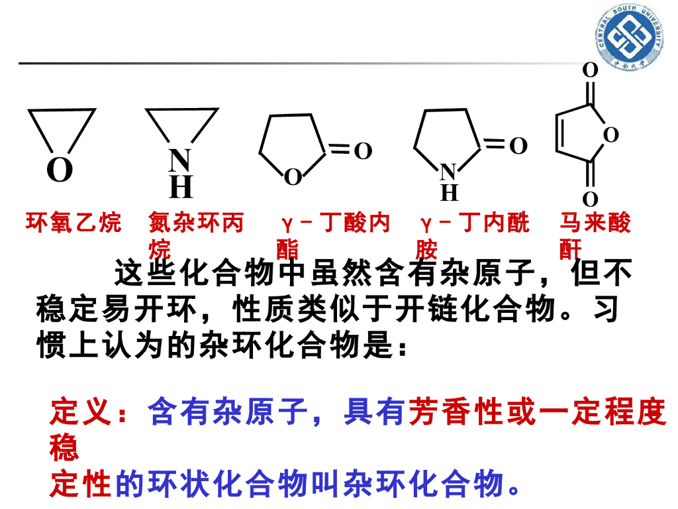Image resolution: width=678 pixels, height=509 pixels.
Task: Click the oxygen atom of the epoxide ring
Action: coord(60,171)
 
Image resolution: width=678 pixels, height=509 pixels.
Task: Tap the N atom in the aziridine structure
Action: coord(179,161)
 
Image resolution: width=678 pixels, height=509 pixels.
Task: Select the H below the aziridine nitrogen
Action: coord(180,188)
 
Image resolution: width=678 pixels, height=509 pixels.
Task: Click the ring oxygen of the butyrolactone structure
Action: coord(292,177)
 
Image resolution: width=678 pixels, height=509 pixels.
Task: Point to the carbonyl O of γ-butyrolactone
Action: coord(362,152)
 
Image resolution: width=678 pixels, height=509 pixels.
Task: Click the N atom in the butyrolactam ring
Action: coord(448,173)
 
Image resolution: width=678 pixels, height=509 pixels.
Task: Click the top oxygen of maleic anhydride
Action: coord(589,70)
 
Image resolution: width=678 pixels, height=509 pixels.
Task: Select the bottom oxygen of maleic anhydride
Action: coord(589,199)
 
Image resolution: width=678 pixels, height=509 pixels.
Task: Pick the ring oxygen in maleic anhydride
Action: coord(610,135)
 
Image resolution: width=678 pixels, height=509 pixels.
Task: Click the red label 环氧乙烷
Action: coord(73,223)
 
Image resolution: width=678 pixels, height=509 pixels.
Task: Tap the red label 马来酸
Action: coord(595,223)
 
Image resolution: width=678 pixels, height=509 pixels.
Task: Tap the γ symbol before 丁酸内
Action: coord(286,223)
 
